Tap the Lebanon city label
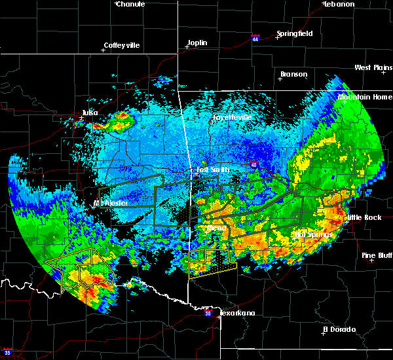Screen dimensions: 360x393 pyautogui.click(x=339, y=4)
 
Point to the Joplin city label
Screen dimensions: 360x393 pyautogui.click(x=197, y=43)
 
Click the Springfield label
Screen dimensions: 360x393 pyautogui.click(x=294, y=33)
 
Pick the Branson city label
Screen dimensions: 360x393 pyautogui.click(x=293, y=74)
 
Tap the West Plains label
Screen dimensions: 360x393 pyautogui.click(x=372, y=68)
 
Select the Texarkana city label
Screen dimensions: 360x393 pyautogui.click(x=236, y=313)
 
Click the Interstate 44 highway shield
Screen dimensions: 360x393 pyautogui.click(x=255, y=38)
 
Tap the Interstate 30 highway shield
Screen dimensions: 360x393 pyautogui.click(x=208, y=314)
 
